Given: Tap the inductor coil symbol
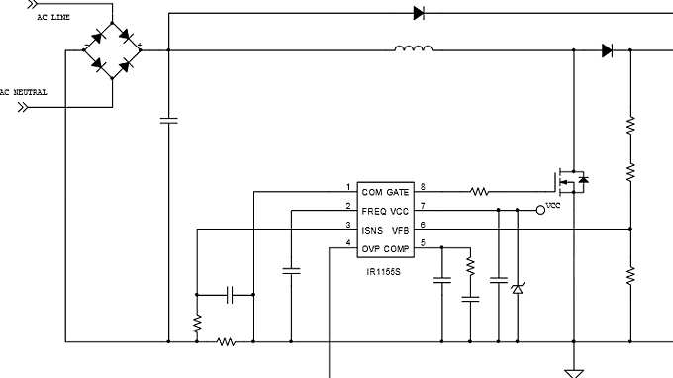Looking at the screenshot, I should [x=413, y=48].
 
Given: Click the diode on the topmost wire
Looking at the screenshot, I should [x=419, y=13].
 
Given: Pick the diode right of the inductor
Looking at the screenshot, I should [x=607, y=50].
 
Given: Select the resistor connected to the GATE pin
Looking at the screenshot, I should [x=479, y=191].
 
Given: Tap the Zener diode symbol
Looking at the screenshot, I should [x=517, y=288].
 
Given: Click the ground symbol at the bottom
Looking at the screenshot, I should [x=572, y=372].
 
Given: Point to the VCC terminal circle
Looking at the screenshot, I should [x=540, y=210].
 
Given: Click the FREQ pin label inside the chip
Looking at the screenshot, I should [x=374, y=210].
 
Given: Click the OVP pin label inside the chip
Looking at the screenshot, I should [x=371, y=246].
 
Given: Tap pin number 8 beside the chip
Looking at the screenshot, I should [x=423, y=186].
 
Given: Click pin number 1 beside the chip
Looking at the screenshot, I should [x=347, y=186].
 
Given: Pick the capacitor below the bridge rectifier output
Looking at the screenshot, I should [x=168, y=121].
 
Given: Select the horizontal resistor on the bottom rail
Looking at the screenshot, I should [x=226, y=341].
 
